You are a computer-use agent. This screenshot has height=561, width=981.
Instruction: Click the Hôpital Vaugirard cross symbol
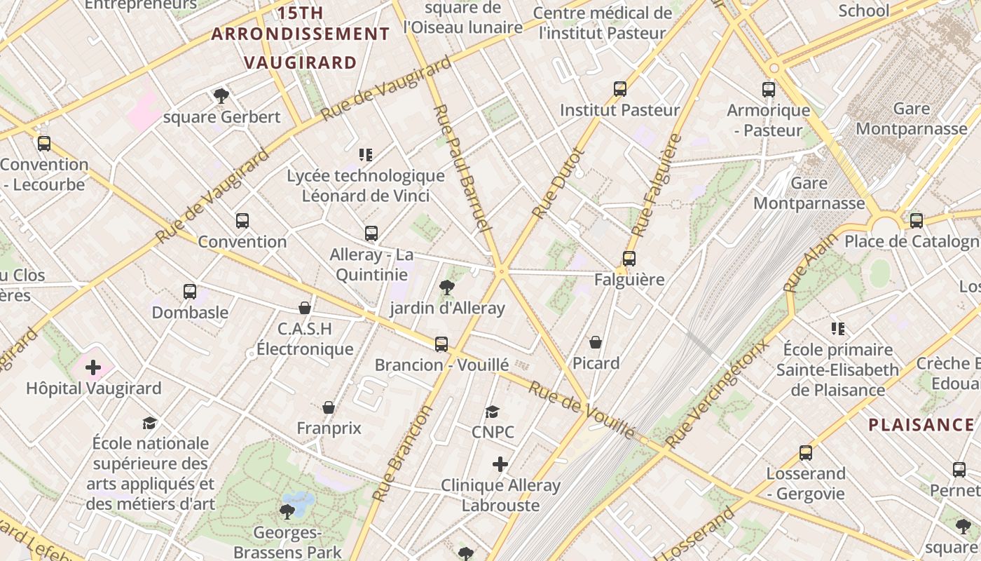pos(93,367)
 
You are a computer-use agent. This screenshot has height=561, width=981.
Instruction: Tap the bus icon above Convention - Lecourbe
pos(44,144)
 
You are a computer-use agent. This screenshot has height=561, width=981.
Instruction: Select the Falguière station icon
pos(629,259)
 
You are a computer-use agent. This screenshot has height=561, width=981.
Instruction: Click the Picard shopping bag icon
pos(596,342)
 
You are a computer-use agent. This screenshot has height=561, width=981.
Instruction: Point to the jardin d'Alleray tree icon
pos(446,287)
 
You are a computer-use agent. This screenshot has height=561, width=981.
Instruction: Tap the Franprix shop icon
pos(329,407)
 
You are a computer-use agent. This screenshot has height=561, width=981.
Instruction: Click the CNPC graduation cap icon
pos(493,412)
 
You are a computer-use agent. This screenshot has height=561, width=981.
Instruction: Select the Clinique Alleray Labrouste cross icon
pos(500,464)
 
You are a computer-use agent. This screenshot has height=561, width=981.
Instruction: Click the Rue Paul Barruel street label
pos(460,168)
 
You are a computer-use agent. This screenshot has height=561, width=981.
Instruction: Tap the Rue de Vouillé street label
pos(581,410)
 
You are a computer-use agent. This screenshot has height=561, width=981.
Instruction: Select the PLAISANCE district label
pos(921,425)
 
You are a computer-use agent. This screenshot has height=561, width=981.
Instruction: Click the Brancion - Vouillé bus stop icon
pos(441,344)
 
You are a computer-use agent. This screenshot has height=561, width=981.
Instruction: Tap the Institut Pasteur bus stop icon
pos(620,89)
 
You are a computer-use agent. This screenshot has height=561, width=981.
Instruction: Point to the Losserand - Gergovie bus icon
pos(806,453)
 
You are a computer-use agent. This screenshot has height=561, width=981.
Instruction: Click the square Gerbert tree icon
pos(221,96)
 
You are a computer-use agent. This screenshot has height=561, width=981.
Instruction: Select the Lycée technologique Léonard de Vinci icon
pos(366,154)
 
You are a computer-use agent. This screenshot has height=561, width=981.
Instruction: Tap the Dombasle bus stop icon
pos(190,292)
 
